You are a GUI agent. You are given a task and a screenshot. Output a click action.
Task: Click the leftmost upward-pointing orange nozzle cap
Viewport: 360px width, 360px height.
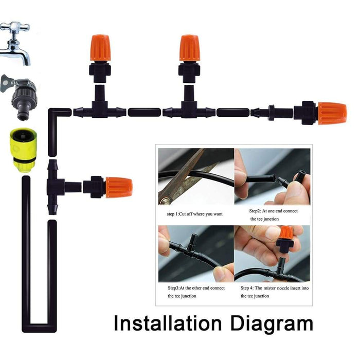[x=101, y=48]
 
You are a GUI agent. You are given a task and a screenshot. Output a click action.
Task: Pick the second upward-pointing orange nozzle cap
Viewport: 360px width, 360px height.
[x=189, y=48]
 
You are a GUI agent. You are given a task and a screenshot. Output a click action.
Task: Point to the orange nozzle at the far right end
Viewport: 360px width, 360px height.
[x=332, y=113]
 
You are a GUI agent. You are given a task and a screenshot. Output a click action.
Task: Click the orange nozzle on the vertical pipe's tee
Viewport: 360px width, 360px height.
[x=118, y=187]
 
